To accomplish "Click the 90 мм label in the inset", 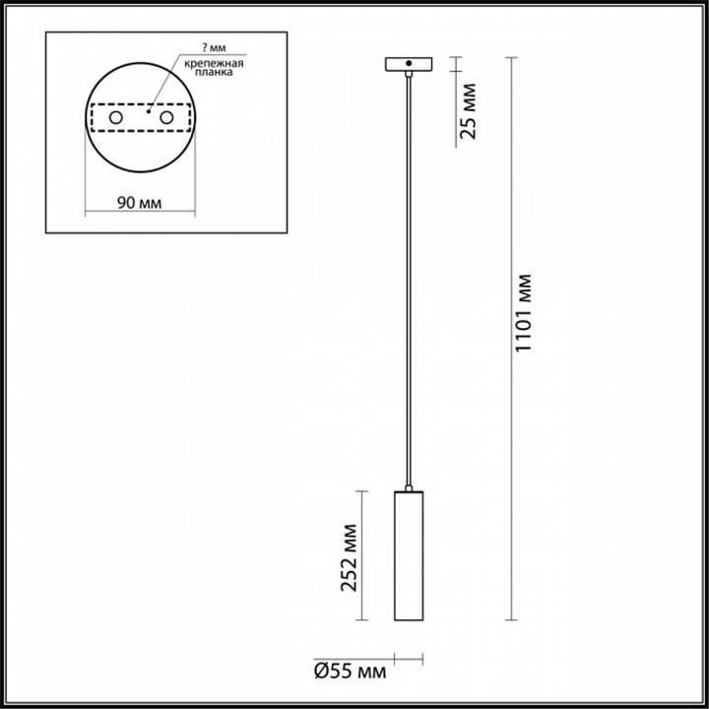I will click(138, 203).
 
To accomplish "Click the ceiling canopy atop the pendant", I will click(408, 65).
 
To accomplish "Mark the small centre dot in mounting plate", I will click(145, 113).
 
